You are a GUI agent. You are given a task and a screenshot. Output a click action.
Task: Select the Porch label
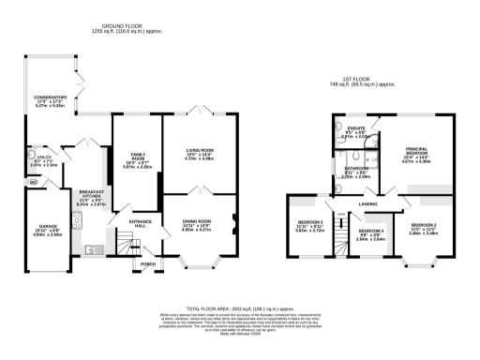tap(147, 263)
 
